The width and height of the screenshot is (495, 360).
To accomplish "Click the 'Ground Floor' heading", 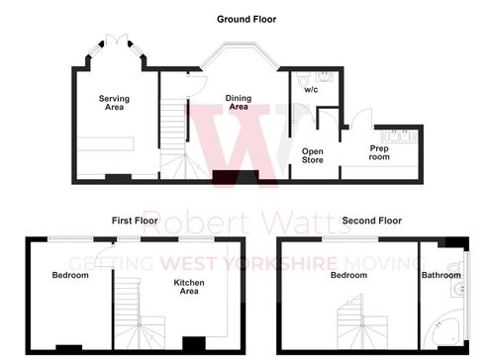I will pyautogui.click(x=247, y=19).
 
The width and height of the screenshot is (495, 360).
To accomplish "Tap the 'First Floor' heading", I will pyautogui.click(x=135, y=221).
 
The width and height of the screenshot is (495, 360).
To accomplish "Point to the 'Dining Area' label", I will pyautogui.click(x=238, y=102).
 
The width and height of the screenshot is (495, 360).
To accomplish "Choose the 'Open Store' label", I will pyautogui.click(x=313, y=154).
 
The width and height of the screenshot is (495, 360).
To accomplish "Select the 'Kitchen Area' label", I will pyautogui.click(x=188, y=287).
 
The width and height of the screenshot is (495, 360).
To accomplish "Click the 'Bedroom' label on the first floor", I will pyautogui.click(x=70, y=275).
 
